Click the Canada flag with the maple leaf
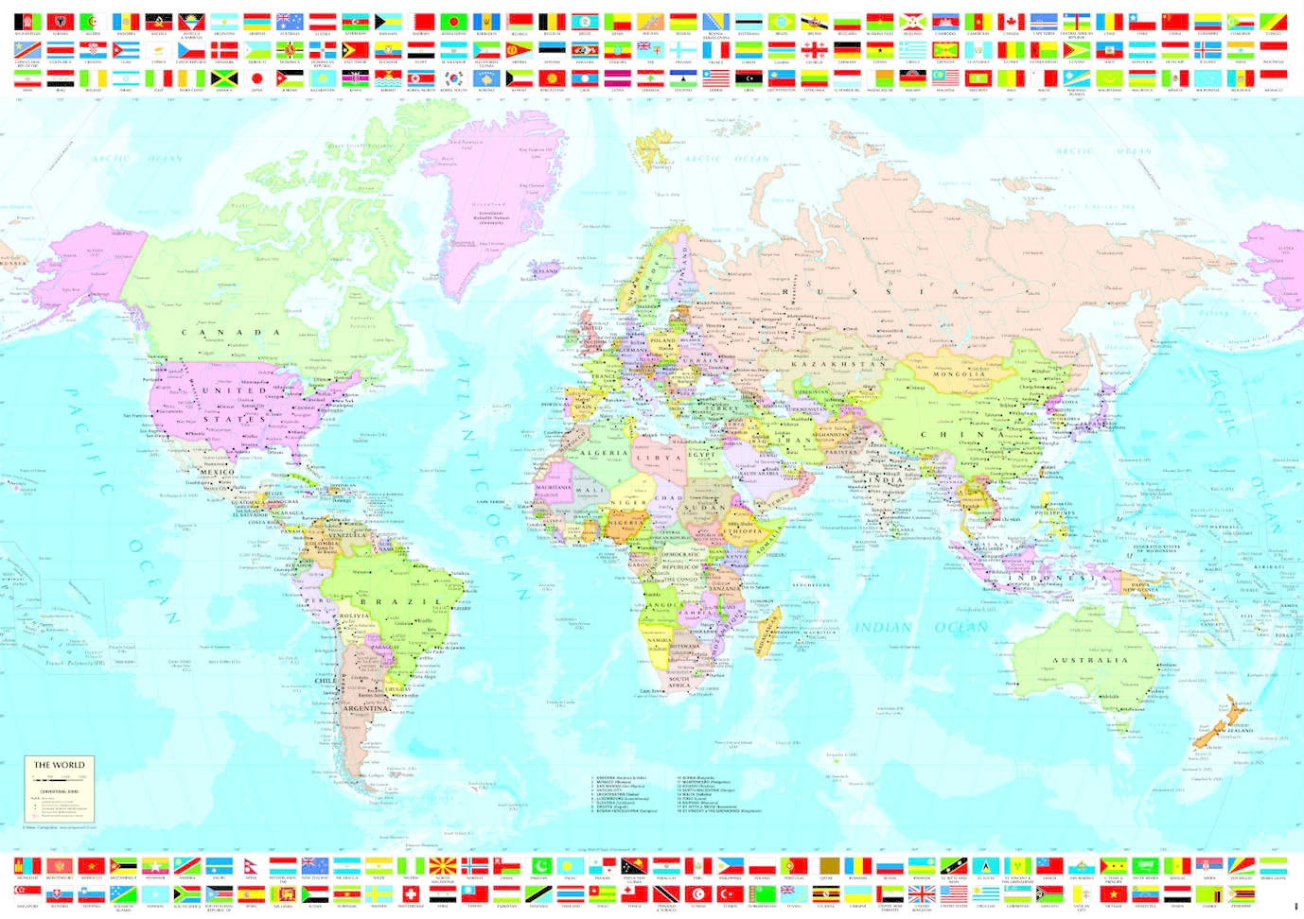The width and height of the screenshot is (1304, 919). (1012, 21)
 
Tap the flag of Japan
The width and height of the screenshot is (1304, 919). (256, 78)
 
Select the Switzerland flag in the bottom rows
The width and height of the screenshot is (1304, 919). (411, 893)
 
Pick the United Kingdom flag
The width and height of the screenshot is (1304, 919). (922, 893)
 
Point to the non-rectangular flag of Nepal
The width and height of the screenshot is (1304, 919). (251, 866)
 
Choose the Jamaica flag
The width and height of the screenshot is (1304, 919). (223, 78)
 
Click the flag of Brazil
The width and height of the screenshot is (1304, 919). (782, 21)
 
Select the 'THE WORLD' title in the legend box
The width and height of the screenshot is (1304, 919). (60, 765)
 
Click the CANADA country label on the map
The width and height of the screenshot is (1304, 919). (231, 333)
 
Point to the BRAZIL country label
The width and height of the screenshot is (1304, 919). (400, 601)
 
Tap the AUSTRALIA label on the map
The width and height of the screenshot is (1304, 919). (1090, 660)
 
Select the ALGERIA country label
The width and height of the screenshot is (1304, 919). (603, 453)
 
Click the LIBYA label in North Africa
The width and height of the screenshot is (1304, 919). (659, 458)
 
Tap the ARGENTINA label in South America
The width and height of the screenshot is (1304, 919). (365, 708)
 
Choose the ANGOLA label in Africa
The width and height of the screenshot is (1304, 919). (662, 605)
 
